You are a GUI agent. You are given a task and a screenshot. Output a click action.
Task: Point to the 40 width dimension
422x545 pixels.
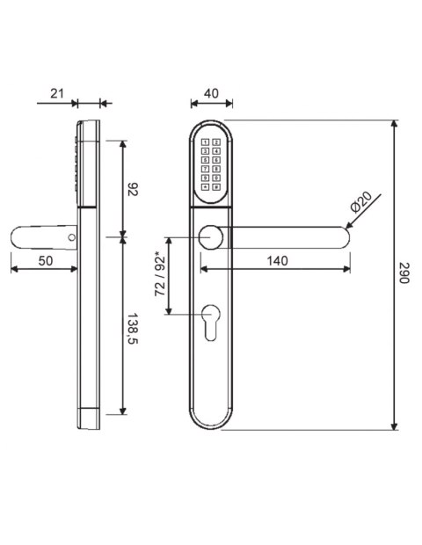click(x=211, y=92)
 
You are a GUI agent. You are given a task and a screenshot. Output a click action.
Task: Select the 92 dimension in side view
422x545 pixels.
click(x=134, y=188)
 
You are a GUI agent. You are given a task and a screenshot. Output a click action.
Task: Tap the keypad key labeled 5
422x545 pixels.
click(x=206, y=159)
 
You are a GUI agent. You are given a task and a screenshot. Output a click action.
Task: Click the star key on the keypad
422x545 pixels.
click(x=206, y=185)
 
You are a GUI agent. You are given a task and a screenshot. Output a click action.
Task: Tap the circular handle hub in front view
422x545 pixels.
click(x=211, y=237)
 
